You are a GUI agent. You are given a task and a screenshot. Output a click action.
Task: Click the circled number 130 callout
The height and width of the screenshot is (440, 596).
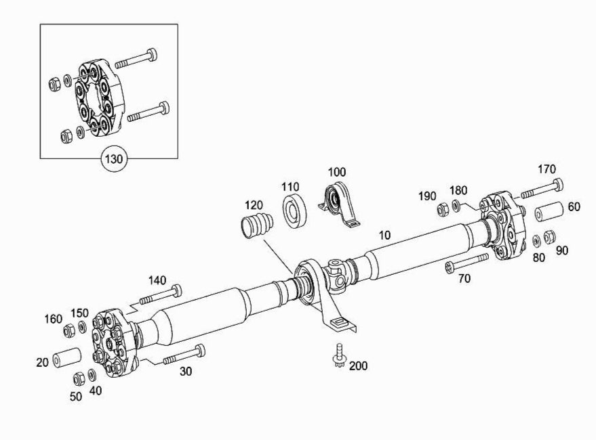[x=114, y=158]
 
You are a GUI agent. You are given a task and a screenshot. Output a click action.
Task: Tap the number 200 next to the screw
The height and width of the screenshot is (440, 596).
[x=358, y=366]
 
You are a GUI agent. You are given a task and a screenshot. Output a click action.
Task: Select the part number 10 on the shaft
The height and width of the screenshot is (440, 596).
[x=384, y=236]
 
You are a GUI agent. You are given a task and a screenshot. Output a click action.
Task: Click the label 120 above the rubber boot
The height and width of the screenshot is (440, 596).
[x=254, y=205]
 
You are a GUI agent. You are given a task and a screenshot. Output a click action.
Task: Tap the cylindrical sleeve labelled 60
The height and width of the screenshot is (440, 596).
[x=549, y=211]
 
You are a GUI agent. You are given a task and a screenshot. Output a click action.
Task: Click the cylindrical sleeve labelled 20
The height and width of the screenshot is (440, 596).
[x=66, y=357]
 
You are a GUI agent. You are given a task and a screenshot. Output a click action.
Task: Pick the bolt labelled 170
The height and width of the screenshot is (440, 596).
[x=542, y=189]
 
